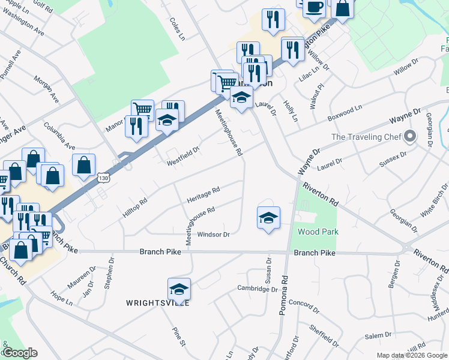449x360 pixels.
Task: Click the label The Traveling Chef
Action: pyautogui.click(x=366, y=137)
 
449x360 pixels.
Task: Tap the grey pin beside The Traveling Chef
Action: pyautogui.click(x=411, y=136)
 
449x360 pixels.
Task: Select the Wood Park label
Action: pyautogui.click(x=318, y=232)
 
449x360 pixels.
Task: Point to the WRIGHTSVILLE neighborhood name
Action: pyautogui.click(x=157, y=303)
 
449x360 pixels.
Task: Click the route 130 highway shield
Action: pyautogui.click(x=104, y=178)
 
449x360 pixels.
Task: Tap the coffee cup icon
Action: pyautogui.click(x=314, y=7)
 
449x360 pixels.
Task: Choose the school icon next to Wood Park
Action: pyautogui.click(x=268, y=217)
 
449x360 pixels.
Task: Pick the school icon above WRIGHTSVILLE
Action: pyautogui.click(x=179, y=289)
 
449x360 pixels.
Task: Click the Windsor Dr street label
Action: pyautogui.click(x=214, y=235)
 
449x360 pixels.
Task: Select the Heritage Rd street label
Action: pyautogui.click(x=203, y=193)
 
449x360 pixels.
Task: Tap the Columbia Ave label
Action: pyautogui.click(x=59, y=136)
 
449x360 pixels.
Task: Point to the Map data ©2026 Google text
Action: pyautogui.click(x=412, y=355)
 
